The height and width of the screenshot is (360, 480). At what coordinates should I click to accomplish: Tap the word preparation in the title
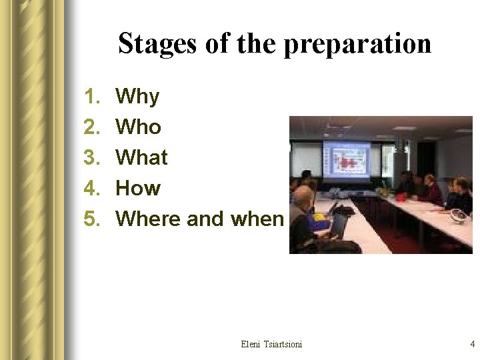click(357, 45)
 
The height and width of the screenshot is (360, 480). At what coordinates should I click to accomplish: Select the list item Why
click(137, 97)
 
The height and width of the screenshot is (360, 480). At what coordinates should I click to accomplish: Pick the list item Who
click(138, 127)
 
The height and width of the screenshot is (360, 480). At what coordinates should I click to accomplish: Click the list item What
click(141, 157)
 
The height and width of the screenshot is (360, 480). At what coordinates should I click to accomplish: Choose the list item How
click(138, 188)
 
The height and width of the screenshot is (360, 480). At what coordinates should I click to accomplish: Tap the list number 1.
click(91, 97)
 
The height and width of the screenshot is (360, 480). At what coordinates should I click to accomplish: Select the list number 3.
click(91, 157)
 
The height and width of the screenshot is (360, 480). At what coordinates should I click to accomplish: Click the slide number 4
click(472, 344)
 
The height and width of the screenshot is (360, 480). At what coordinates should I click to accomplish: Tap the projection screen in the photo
click(347, 161)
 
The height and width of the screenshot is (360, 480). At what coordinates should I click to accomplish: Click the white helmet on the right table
click(459, 215)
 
